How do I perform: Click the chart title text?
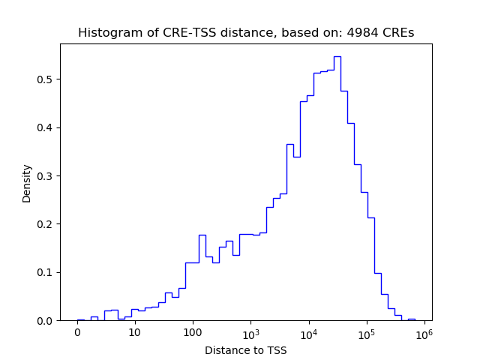tap(246, 33)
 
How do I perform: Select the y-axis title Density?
tap(27, 183)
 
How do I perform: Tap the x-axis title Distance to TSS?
tap(246, 349)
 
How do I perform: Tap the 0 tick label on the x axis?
tap(77, 332)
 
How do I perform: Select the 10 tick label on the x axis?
tap(135, 332)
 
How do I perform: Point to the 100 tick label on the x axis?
tap(193, 332)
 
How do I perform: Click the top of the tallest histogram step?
tap(337, 56)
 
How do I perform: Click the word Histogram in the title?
tap(106, 33)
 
